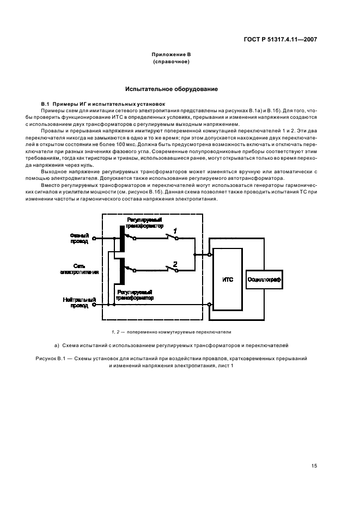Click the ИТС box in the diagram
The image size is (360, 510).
[x=228, y=279]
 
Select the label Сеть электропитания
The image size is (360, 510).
[x=79, y=269]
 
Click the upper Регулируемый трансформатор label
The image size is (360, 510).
[x=144, y=221]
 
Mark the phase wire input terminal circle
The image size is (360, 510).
[x=94, y=238]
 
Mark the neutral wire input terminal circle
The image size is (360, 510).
[x=94, y=305]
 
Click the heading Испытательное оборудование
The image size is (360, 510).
[x=172, y=89]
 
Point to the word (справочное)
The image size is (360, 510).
[x=172, y=62]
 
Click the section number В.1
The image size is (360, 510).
[x=46, y=104]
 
